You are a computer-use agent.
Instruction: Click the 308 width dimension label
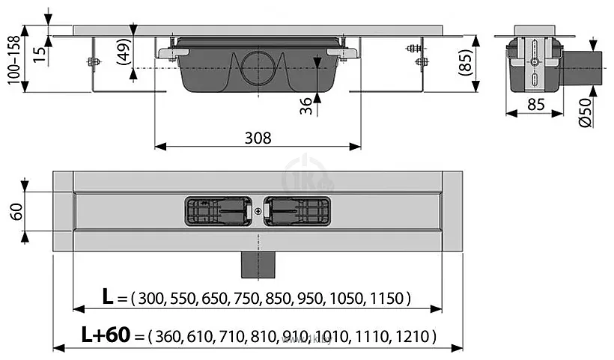click(257, 138)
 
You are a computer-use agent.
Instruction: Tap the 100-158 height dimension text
click(13, 61)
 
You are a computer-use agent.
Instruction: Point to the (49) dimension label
click(122, 52)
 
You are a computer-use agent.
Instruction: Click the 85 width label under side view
click(534, 104)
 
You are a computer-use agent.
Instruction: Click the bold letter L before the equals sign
click(109, 298)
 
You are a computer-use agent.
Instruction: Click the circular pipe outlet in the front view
click(258, 66)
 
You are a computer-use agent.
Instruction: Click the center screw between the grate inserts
click(258, 212)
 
